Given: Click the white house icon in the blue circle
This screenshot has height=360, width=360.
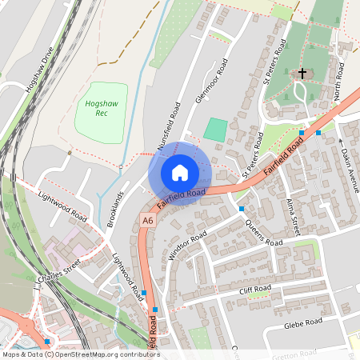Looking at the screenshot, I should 180,173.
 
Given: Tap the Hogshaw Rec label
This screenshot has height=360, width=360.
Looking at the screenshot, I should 97,108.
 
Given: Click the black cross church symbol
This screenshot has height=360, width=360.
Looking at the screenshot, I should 302,74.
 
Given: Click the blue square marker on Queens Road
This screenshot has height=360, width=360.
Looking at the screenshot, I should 242,209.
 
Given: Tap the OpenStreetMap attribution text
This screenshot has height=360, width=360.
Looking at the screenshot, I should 80,354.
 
